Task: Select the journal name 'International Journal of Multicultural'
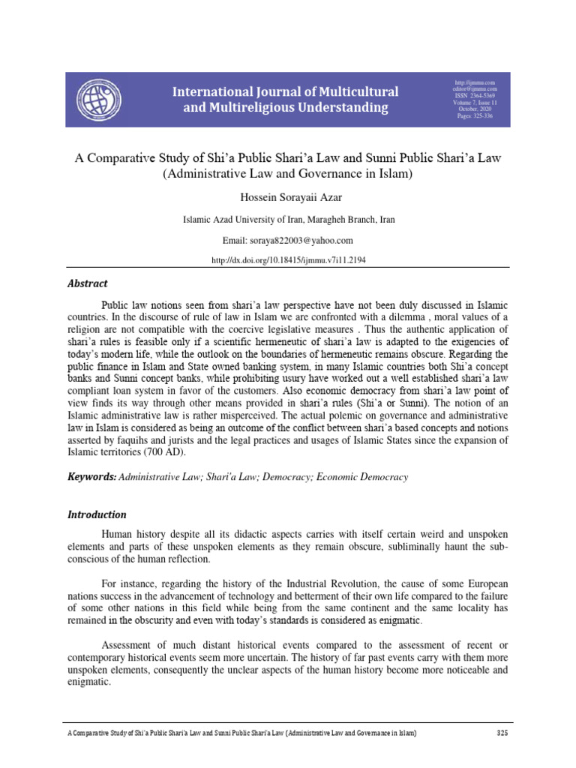[286, 92]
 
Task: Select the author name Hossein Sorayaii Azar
[287, 195]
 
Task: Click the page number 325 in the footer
[502, 733]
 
